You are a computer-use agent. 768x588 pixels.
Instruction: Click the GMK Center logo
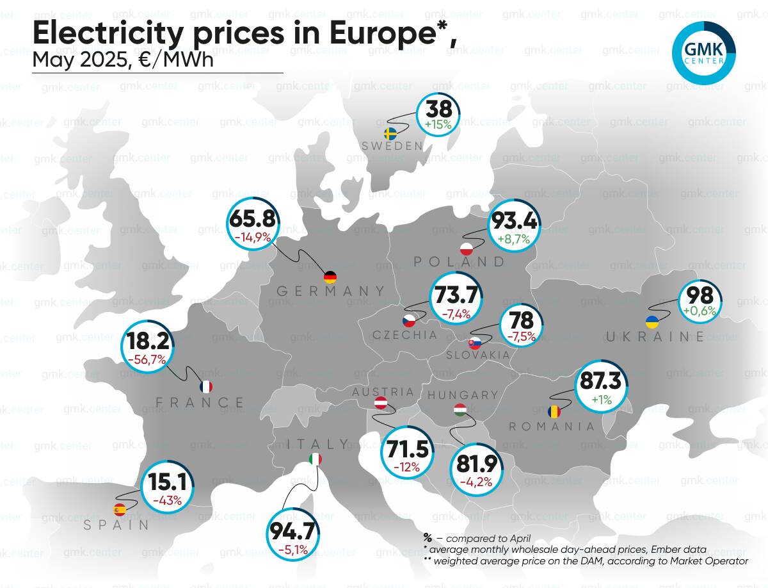703,53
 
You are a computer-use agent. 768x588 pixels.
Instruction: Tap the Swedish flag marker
390,134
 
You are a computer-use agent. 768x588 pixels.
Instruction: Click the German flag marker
330,277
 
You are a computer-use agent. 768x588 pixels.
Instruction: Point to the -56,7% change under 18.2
147,359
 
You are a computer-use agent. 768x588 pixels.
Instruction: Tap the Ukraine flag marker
652,322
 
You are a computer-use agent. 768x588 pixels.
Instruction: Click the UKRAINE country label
655,337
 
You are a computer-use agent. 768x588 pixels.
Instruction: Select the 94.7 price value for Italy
292,531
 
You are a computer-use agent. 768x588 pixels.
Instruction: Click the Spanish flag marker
119,510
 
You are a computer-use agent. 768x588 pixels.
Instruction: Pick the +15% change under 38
438,124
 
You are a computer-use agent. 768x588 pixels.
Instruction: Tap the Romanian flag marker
554,411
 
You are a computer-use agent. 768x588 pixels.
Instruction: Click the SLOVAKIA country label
478,355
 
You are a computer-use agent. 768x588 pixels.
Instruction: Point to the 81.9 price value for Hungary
477,463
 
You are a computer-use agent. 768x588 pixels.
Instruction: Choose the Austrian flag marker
380,403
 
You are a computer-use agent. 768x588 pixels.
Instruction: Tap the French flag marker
205,387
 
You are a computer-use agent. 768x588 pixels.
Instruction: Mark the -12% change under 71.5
406,467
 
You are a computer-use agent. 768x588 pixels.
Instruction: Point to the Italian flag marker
316,459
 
